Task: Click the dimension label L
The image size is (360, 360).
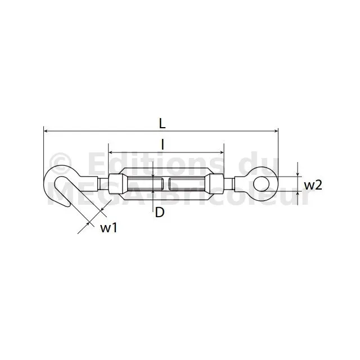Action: click(163, 124)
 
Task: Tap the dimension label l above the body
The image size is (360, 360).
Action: click(163, 145)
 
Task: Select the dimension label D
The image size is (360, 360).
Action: click(160, 213)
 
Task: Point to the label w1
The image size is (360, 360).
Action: click(109, 228)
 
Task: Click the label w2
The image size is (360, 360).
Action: click(313, 185)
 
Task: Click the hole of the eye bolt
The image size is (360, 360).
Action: click(260, 184)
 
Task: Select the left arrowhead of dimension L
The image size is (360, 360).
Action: click(46, 131)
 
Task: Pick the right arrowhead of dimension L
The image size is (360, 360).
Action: click(276, 131)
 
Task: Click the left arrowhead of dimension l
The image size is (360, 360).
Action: click(110, 152)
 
